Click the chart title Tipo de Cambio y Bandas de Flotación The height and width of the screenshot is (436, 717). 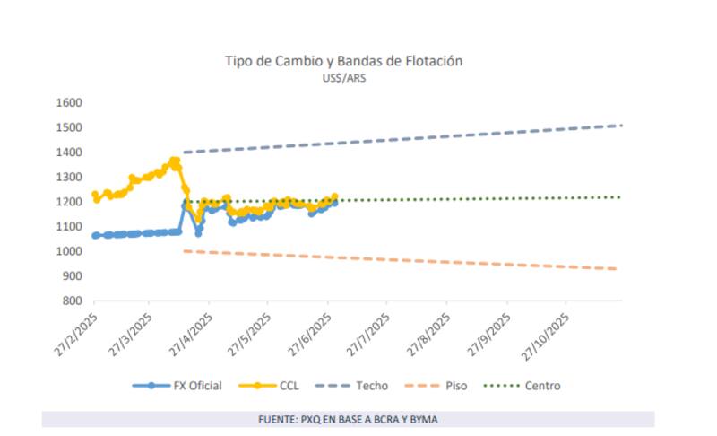(x=343, y=61)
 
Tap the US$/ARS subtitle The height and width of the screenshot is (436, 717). (x=344, y=78)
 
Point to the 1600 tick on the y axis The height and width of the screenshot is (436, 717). (x=69, y=102)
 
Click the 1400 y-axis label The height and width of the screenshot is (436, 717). (x=69, y=153)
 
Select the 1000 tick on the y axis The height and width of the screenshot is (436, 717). (x=69, y=251)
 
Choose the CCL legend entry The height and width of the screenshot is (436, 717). (x=270, y=386)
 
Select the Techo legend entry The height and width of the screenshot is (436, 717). (x=356, y=386)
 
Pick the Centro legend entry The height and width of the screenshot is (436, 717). (x=523, y=386)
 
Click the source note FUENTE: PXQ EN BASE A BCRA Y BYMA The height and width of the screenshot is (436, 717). (x=348, y=419)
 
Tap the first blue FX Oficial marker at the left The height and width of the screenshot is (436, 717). (x=96, y=235)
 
